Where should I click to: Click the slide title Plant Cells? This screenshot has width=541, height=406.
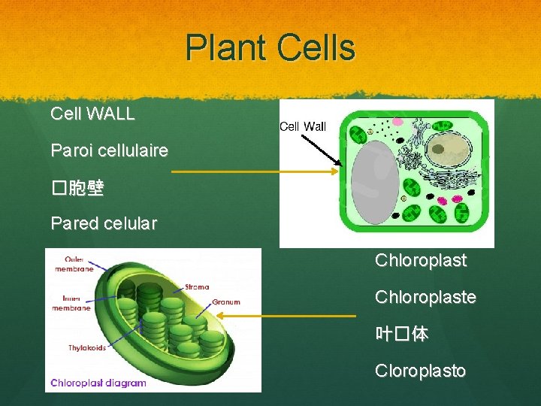[270, 47]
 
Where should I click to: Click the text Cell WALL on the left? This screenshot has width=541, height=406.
[92, 114]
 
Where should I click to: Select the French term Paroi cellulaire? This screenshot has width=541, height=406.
[109, 150]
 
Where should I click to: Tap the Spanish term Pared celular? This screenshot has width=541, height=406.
[104, 223]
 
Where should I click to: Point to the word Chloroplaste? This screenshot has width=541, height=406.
[425, 298]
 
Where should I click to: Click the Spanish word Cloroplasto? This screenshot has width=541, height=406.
[420, 371]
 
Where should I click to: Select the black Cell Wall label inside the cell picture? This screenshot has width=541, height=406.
[303, 126]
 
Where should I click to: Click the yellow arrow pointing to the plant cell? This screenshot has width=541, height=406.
[255, 171]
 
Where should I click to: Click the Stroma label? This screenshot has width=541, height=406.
[197, 286]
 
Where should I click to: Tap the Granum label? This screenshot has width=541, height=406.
[226, 302]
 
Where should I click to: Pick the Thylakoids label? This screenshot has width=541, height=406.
[87, 348]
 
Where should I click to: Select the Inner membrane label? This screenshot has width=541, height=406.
[71, 304]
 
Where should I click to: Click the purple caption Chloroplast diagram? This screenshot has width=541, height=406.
[98, 383]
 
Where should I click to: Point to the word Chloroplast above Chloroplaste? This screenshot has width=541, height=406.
[421, 261]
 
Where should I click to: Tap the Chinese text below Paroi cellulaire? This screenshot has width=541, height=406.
[77, 188]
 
